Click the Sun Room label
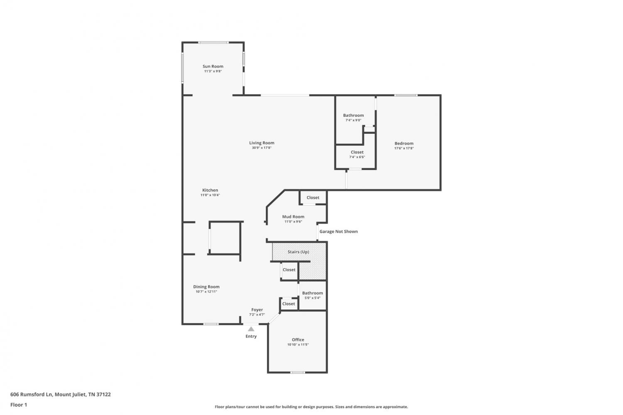(213, 66)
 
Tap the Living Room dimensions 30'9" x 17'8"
(261, 148)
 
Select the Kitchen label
(210, 190)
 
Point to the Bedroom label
(404, 143)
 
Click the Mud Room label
(293, 217)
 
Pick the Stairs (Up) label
(298, 252)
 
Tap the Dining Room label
(206, 287)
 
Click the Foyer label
(257, 309)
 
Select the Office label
(298, 340)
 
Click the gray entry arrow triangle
(251, 329)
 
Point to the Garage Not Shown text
(338, 231)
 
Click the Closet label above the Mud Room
(313, 197)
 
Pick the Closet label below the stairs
(289, 270)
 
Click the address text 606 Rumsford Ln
(31, 394)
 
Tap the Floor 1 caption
(19, 405)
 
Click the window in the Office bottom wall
(298, 373)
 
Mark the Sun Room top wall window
(213, 42)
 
